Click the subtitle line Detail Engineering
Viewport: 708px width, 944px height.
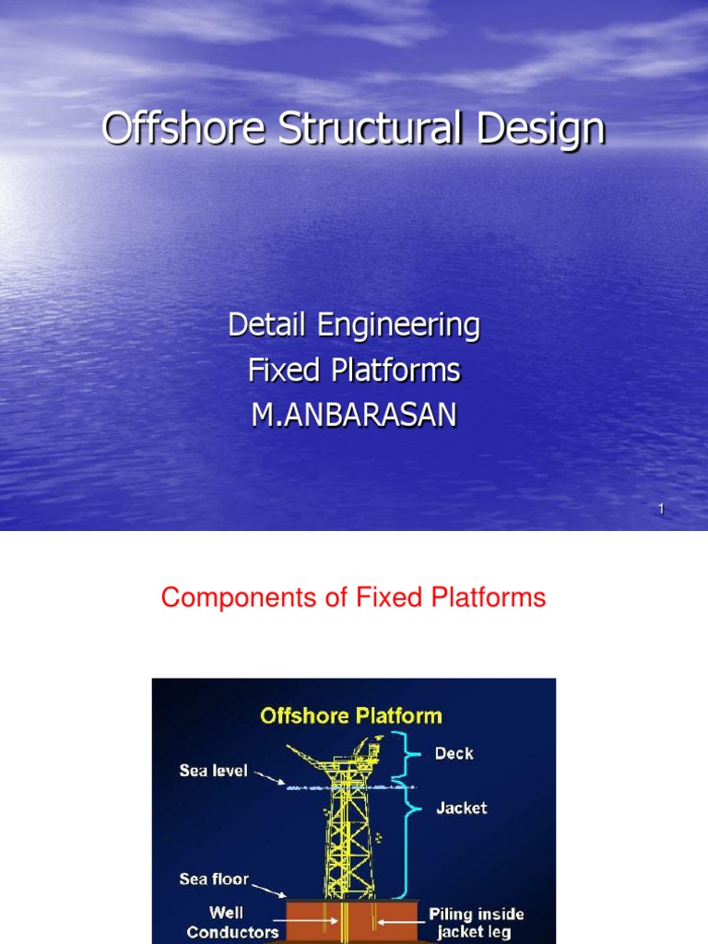[354, 325]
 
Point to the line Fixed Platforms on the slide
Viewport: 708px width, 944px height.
[354, 371]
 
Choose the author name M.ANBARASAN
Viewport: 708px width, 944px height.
[354, 416]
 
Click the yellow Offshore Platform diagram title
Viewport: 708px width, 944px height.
[351, 715]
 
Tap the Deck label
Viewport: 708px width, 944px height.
[454, 753]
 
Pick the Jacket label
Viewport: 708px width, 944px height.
[461, 808]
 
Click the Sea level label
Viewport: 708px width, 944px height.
[213, 771]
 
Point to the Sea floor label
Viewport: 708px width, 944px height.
[214, 879]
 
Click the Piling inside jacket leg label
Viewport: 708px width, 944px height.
[476, 923]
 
